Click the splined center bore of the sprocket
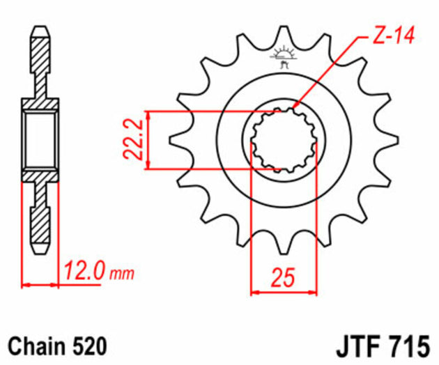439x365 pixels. point(284,139)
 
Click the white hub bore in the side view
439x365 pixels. point(40,139)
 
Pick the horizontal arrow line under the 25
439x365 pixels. point(284,290)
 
